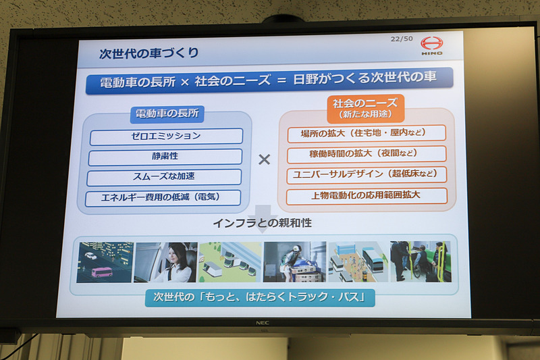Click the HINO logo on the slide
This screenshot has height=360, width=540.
pyautogui.click(x=431, y=45)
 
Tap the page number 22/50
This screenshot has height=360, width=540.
pyautogui.click(x=402, y=38)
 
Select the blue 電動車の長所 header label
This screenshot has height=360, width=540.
pyautogui.click(x=167, y=113)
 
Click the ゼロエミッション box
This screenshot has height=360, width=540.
pyautogui.click(x=165, y=136)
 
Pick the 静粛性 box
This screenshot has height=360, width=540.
pyautogui.click(x=165, y=157)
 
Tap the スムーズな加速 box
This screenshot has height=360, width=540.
pyautogui.click(x=165, y=177)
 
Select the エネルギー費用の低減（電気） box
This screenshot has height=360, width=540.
pyautogui.click(x=163, y=198)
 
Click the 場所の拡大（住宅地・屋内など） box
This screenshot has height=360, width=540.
pyautogui.click(x=367, y=134)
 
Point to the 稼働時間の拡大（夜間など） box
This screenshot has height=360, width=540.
pyautogui.click(x=367, y=154)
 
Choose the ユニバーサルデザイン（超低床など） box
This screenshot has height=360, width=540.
pyautogui.click(x=367, y=175)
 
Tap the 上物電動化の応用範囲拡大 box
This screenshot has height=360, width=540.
pyautogui.click(x=367, y=196)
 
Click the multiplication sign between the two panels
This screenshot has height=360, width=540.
pyautogui.click(x=264, y=159)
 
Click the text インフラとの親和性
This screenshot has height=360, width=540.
pyautogui.click(x=263, y=222)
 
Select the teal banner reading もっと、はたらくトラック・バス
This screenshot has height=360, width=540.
pyautogui.click(x=259, y=297)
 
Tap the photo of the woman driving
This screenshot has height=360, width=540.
pyautogui.click(x=165, y=262)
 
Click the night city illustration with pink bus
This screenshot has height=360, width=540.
pyautogui.click(x=105, y=262)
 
